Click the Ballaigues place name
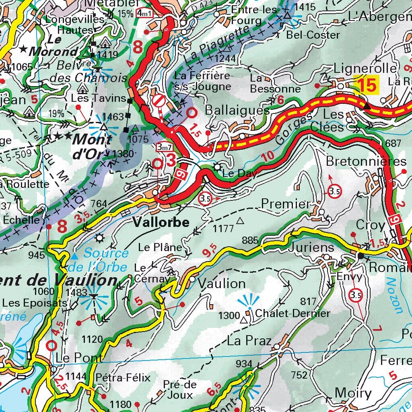coord(237,110)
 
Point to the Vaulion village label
coord(222,284)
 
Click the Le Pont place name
coord(79,357)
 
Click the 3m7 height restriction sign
coord(164,148)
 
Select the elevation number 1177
coord(224,229)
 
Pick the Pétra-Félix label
coord(123,377)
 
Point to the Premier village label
coord(286,204)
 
